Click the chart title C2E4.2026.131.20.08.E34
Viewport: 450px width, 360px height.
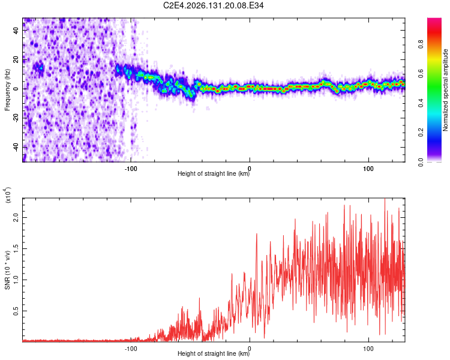[x=213, y=5]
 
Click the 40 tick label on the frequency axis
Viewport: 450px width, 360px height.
[x=16, y=30]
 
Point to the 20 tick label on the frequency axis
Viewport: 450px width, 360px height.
[x=16, y=59]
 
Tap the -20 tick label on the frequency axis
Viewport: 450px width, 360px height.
[x=16, y=118]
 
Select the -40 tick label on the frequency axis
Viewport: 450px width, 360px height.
[x=16, y=147]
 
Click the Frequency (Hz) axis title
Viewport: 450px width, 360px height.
[x=7, y=90]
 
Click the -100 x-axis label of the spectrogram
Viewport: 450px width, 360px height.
[x=131, y=169]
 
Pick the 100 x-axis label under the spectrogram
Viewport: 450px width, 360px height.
[x=368, y=169]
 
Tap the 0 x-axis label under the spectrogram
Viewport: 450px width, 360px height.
[x=250, y=169]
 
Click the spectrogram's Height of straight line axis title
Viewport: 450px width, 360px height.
[x=214, y=173]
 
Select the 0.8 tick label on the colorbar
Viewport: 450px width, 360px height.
[x=421, y=44]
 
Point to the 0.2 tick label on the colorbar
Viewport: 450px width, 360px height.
[x=421, y=133]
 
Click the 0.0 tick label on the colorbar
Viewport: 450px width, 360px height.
[x=421, y=162]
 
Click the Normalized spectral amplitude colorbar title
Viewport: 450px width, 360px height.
[x=445, y=90]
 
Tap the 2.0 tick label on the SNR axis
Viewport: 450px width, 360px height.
[x=16, y=217]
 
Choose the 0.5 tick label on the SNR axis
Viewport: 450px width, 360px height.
[x=16, y=311]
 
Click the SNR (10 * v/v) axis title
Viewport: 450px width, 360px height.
[x=7, y=270]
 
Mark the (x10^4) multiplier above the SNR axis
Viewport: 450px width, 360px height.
[x=8, y=195]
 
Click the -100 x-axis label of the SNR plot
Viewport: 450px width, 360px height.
[x=131, y=349]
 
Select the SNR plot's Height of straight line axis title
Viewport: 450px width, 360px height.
[x=214, y=353]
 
